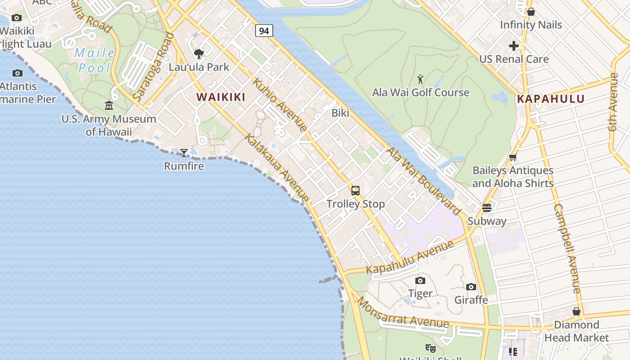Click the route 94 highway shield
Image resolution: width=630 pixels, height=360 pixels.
[264, 31]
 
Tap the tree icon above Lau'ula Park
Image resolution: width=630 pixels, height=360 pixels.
[198, 54]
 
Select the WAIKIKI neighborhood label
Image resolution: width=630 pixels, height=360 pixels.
[221, 97]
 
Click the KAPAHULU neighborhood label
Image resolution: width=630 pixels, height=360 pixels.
[551, 99]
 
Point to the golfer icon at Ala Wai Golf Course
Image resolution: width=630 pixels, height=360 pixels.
[420, 80]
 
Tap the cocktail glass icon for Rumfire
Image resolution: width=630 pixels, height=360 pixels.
[184, 153]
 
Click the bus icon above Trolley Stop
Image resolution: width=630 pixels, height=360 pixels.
[355, 190]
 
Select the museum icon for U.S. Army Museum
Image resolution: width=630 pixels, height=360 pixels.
[109, 106]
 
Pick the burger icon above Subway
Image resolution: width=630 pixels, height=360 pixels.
[487, 207]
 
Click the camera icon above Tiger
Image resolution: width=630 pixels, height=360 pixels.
[420, 280]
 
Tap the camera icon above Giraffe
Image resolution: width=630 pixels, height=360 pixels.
[471, 287]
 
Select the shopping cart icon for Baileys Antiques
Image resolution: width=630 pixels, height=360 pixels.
[513, 157]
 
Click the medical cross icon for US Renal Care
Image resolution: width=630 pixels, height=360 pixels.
[514, 46]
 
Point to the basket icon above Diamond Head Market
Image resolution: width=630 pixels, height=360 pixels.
[576, 311]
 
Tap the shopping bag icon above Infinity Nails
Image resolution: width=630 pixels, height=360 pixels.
[531, 12]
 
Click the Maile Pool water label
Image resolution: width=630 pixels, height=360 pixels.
[94, 60]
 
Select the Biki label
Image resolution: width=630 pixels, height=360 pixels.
[340, 113]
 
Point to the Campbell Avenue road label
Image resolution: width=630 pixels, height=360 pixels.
[568, 248]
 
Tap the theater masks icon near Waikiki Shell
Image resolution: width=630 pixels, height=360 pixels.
[431, 348]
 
